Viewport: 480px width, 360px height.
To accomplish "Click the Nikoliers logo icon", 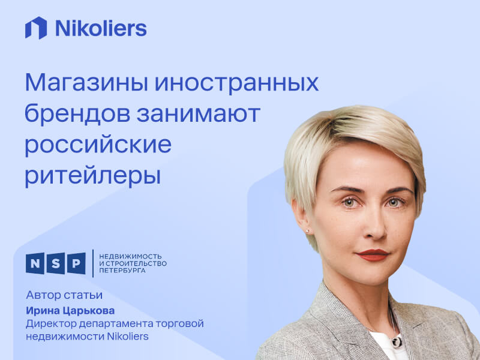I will click(x=35, y=28).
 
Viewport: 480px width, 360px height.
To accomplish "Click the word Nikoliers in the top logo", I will click(x=100, y=28).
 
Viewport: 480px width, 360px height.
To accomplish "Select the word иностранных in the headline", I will click(x=236, y=83).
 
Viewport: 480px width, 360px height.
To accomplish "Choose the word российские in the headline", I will click(x=98, y=145).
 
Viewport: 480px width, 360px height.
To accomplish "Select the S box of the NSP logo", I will click(x=56, y=263).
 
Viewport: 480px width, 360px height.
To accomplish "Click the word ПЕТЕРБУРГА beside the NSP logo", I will click(x=122, y=271).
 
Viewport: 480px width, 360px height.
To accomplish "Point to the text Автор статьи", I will click(x=64, y=295).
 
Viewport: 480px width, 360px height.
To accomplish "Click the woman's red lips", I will click(x=372, y=254).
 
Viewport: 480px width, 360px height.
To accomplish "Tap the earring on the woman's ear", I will click(x=308, y=230).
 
